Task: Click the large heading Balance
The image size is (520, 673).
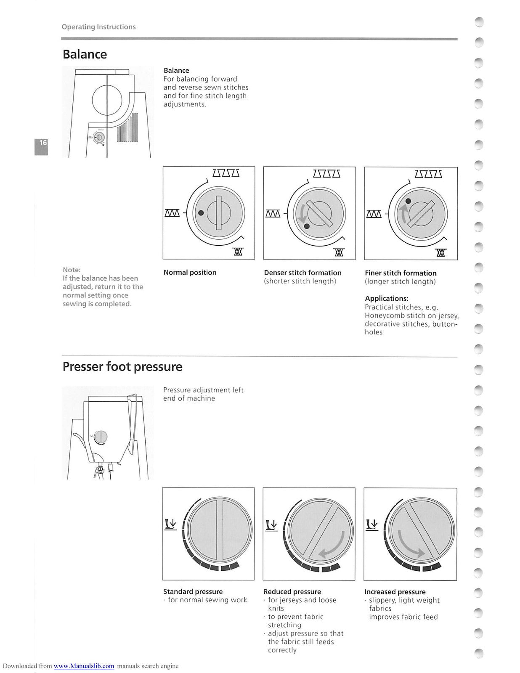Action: (85, 54)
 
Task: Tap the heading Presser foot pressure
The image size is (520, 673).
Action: (122, 366)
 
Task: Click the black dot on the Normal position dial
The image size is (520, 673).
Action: (201, 213)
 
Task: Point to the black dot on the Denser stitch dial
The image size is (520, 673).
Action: (307, 226)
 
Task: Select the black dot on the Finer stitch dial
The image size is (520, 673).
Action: (408, 201)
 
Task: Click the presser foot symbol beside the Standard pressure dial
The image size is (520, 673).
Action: (170, 524)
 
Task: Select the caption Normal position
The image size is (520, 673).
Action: (190, 273)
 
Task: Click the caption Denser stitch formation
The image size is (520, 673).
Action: (302, 273)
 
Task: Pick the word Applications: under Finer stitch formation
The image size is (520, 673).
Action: (386, 299)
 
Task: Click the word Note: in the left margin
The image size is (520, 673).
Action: (72, 270)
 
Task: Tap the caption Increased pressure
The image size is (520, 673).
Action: (395, 592)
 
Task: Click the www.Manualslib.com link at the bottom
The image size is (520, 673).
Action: (84, 666)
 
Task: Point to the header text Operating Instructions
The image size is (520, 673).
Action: (98, 27)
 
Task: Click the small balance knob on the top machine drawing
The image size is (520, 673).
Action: (99, 138)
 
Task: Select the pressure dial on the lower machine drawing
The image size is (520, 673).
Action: (101, 437)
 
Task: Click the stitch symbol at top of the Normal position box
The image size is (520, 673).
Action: (226, 173)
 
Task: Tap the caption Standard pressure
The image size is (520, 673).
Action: (193, 591)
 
